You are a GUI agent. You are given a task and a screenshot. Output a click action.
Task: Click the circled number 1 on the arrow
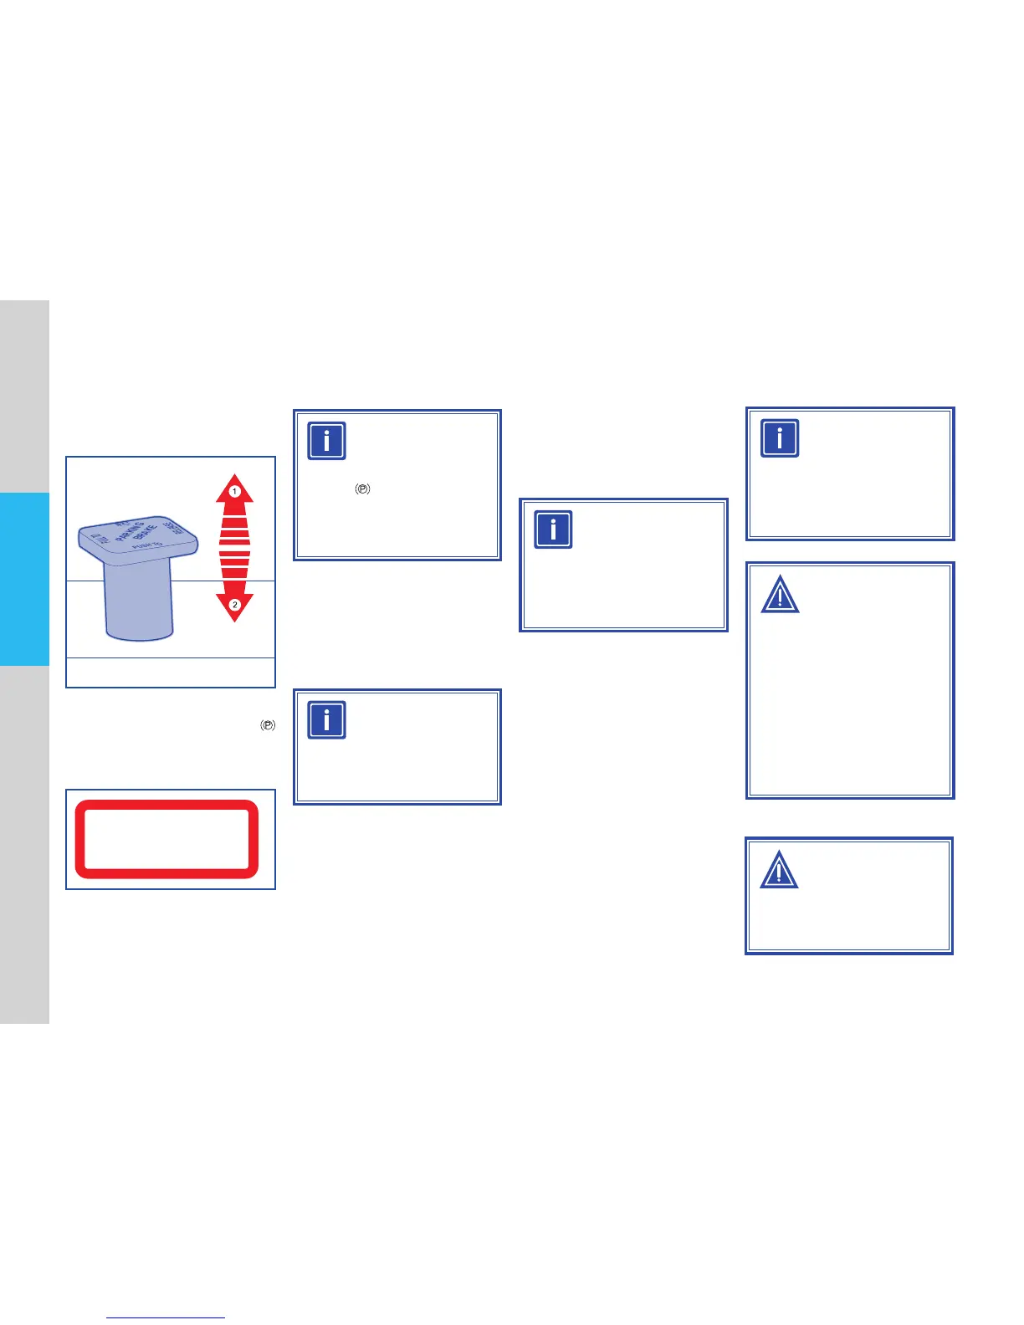point(235,491)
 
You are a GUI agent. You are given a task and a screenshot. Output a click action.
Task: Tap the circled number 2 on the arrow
point(235,604)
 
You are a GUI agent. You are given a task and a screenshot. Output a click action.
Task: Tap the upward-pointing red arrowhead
point(234,489)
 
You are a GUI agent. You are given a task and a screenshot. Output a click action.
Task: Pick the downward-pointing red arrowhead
point(234,607)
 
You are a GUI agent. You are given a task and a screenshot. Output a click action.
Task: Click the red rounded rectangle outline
point(166,839)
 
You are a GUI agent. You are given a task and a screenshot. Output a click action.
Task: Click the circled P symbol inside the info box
point(362,489)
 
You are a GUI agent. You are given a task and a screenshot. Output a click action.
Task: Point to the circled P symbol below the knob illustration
point(267,725)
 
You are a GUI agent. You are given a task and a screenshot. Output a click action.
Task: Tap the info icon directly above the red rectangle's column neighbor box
point(326,720)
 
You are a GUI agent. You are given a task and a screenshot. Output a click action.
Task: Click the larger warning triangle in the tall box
point(780,595)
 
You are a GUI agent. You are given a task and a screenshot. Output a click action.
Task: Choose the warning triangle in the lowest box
point(779,870)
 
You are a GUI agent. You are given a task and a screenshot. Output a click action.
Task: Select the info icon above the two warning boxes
point(780,438)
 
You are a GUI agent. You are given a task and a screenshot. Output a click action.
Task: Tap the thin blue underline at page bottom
point(166,1317)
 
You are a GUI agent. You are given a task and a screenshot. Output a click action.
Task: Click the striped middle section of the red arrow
point(234,548)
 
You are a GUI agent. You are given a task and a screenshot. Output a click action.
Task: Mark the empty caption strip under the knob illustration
point(171,672)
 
